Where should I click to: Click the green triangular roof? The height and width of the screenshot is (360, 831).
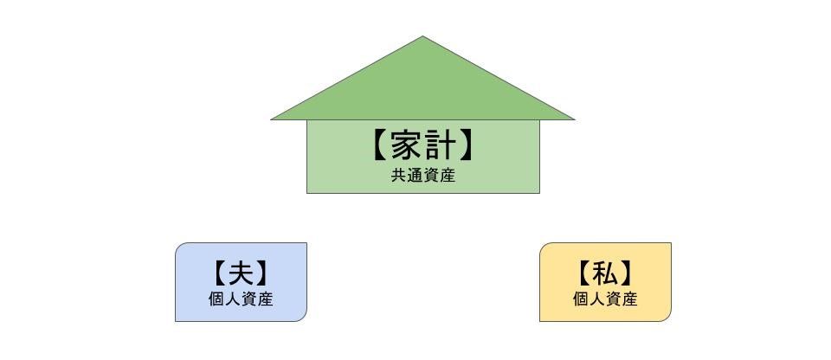(422, 87)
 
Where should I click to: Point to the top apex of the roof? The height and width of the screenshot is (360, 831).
(422, 38)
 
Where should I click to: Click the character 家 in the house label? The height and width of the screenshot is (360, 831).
(406, 145)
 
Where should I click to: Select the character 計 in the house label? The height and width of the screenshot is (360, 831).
(441, 145)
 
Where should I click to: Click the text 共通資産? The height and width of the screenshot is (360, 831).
(422, 175)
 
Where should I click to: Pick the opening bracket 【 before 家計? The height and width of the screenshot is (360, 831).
(378, 145)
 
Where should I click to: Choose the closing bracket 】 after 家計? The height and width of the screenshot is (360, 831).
(467, 145)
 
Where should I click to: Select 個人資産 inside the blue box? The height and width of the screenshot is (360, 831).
(241, 299)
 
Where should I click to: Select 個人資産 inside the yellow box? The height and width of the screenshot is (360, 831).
(605, 299)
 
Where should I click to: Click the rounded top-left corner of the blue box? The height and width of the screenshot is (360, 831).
(180, 247)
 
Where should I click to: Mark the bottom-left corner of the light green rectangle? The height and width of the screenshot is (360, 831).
(308, 191)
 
